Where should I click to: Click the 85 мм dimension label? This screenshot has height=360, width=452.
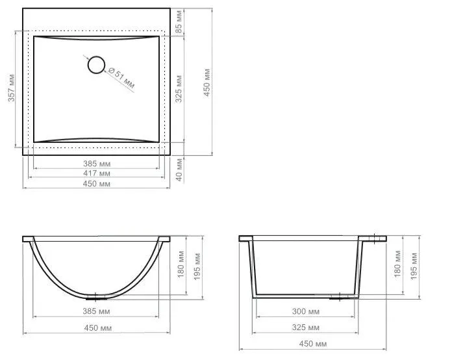click(179, 21)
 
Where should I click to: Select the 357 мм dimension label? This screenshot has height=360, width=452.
click(11, 88)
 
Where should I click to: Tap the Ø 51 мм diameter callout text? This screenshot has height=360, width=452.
click(121, 78)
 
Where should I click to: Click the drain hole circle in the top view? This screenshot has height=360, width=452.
click(96, 65)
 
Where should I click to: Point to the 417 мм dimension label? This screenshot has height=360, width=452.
click(97, 174)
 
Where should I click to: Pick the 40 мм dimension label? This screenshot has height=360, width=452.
click(179, 170)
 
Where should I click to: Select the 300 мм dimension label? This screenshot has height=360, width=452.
click(306, 311)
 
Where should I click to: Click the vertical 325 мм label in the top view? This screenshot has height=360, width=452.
click(179, 89)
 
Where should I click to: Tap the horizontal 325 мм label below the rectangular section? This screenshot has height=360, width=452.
click(306, 328)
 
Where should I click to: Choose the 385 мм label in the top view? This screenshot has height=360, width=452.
click(97, 164)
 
